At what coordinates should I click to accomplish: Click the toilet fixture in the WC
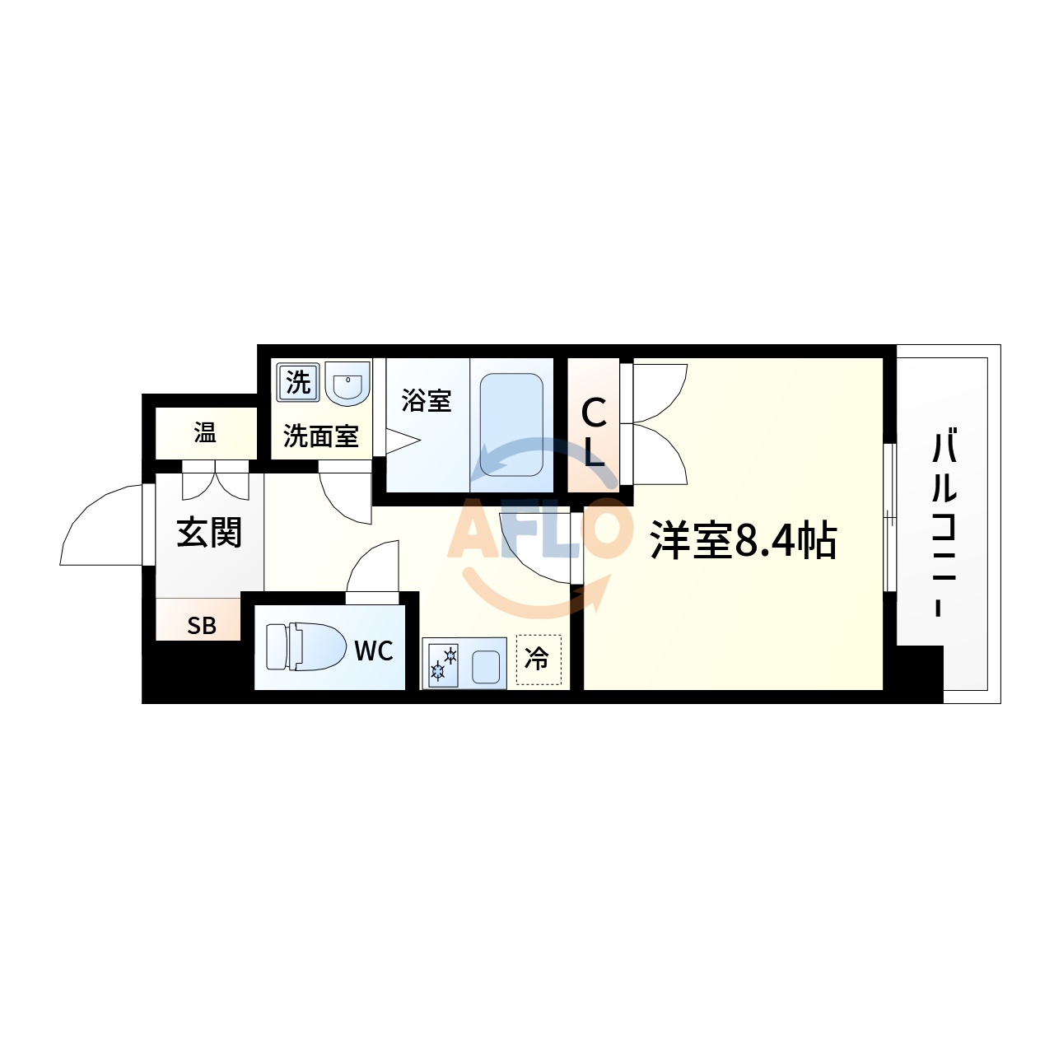pyautogui.click(x=305, y=647)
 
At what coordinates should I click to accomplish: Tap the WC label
pyautogui.click(x=373, y=651)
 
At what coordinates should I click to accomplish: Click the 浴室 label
pyautogui.click(x=427, y=401)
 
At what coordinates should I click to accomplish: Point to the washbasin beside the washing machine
pyautogui.click(x=347, y=384)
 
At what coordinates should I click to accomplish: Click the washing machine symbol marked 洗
pyautogui.click(x=297, y=382)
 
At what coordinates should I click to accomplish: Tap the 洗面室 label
pyautogui.click(x=321, y=436)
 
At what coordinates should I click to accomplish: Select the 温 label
pyautogui.click(x=205, y=432)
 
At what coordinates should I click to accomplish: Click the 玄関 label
pyautogui.click(x=209, y=533)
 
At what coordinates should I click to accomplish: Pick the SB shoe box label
pyautogui.click(x=201, y=626)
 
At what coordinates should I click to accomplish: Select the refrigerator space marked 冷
pyautogui.click(x=538, y=660)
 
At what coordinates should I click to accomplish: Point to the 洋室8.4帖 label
pyautogui.click(x=743, y=541)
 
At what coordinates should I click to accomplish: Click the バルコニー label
pyautogui.click(x=944, y=523)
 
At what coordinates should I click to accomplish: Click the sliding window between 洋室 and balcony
pyautogui.click(x=889, y=517)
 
